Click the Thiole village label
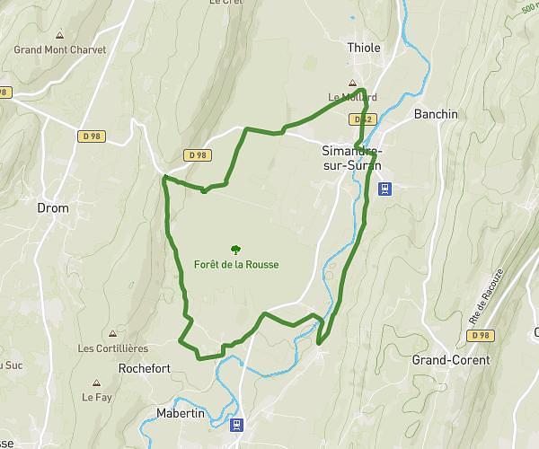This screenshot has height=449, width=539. click(364, 48)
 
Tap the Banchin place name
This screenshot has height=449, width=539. click(436, 114)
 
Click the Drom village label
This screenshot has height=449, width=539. click(53, 207)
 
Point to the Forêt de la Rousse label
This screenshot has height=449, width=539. click(235, 264)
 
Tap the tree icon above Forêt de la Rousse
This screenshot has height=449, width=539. click(235, 250)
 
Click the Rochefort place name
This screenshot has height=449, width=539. click(144, 368)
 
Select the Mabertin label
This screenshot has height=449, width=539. click(174, 412)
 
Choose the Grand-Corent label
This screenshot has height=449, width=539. click(451, 359)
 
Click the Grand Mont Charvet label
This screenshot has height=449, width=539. click(60, 50)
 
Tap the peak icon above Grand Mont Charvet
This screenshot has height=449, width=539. click(60, 36)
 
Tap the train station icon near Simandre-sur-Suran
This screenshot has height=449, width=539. click(384, 188)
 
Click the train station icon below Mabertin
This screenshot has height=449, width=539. click(236, 425)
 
